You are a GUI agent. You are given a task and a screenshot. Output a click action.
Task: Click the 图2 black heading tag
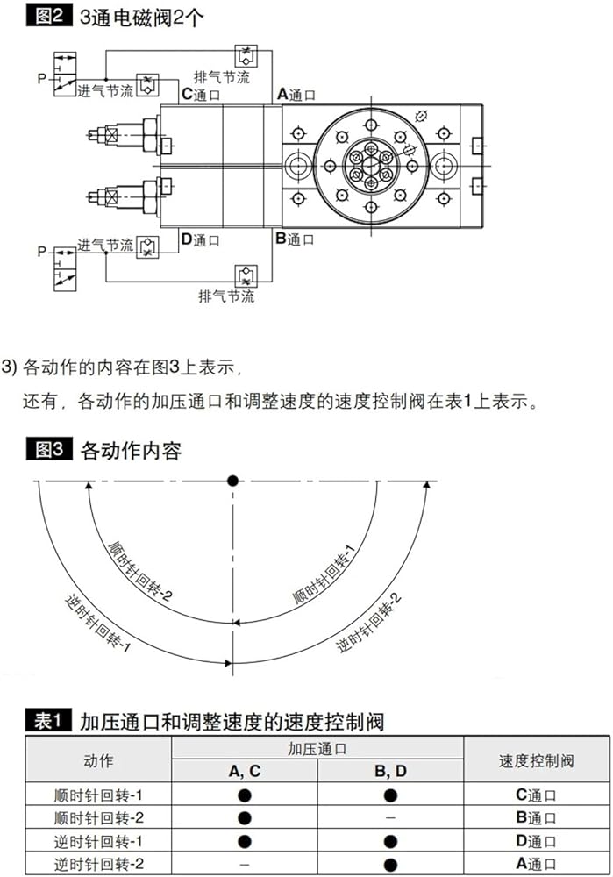48,16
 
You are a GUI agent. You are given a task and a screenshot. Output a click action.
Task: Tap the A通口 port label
296,95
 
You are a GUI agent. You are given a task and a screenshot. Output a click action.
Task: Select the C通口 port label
201,95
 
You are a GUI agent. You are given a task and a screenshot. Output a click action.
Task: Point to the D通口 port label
200,240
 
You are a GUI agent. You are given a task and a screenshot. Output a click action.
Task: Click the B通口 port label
295,239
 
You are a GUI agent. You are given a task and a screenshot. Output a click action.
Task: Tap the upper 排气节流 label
222,77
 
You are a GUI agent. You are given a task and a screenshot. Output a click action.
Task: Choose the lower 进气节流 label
105,245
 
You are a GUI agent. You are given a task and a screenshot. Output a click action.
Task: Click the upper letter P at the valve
42,79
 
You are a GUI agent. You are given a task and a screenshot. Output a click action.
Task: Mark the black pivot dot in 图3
233,481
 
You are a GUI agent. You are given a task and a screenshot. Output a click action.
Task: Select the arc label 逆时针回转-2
368,623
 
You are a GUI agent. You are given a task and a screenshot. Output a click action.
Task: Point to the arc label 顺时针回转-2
139,571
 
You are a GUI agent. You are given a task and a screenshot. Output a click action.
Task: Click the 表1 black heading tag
48,720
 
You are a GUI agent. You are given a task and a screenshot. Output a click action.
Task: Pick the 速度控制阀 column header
536,760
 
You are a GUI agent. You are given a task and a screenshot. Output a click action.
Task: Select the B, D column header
390,771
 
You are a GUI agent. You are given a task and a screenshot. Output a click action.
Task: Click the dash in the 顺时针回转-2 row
390,818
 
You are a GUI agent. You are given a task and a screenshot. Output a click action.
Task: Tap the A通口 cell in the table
536,864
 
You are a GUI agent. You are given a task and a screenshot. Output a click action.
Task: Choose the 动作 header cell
98,760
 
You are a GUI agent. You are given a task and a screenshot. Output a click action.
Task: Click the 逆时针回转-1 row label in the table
98,841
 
